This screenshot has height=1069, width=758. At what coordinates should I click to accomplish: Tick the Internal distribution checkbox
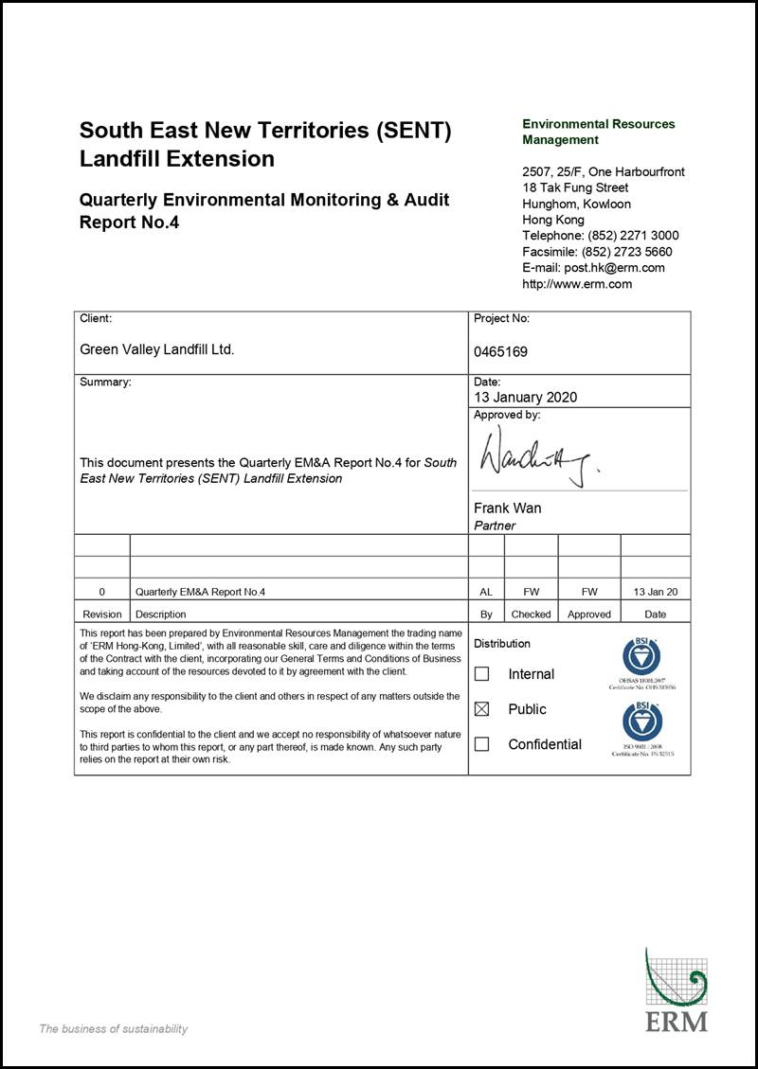tap(481, 674)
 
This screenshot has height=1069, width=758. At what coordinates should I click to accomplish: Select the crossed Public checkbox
tap(481, 709)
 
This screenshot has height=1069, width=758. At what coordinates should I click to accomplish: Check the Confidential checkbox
tap(481, 744)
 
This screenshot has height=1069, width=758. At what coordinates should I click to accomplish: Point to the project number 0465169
tap(500, 352)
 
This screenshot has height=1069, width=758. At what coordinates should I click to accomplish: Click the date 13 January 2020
tap(525, 398)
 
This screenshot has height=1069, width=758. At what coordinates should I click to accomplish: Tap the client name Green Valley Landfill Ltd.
tap(156, 349)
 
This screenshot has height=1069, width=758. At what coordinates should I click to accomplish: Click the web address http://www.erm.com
tap(577, 284)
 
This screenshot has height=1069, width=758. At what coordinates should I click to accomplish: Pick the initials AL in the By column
tap(486, 592)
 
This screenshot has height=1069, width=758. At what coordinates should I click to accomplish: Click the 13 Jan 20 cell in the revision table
tap(656, 592)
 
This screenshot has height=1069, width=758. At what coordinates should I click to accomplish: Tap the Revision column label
tap(102, 615)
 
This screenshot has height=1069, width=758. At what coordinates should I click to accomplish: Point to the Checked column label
tap(531, 615)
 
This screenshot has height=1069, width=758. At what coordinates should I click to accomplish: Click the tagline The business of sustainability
tap(113, 1029)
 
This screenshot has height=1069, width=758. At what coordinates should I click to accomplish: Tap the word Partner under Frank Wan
tap(495, 526)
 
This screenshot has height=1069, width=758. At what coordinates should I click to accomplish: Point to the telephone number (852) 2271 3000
tap(633, 236)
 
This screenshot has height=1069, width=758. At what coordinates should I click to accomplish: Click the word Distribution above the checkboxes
tap(502, 644)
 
